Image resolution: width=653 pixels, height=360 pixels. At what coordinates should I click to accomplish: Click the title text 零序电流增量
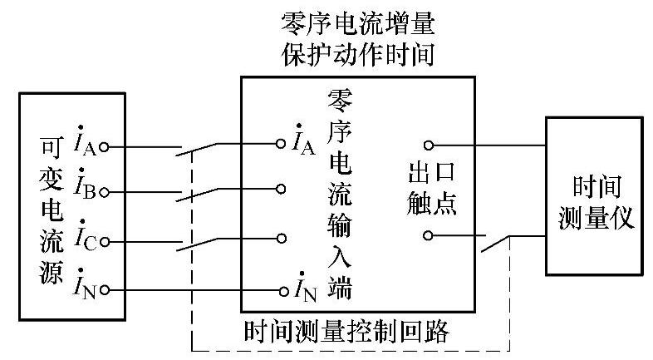coord(359,21)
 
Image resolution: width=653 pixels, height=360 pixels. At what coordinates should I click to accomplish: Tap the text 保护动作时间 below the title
coord(359,56)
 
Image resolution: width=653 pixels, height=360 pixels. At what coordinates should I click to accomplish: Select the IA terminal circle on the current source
coord(105,146)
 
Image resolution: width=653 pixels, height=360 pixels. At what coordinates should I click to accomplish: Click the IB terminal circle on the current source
coord(105,192)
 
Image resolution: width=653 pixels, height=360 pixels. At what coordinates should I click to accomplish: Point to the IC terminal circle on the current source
coord(105,241)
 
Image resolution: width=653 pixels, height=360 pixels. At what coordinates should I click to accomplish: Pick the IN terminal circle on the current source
coord(105,289)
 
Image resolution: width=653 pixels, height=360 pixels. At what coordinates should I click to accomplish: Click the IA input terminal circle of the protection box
coord(282,144)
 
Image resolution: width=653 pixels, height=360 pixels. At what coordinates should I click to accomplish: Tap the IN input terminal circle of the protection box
coord(282,290)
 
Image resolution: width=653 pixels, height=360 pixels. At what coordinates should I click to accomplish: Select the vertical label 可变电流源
coord(50,207)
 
